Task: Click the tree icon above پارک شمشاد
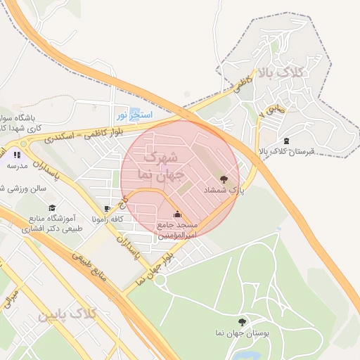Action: (x=224, y=179)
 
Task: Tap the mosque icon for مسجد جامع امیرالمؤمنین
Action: (x=177, y=214)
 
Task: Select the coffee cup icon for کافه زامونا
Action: (x=107, y=209)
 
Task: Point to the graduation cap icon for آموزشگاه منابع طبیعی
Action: (x=52, y=208)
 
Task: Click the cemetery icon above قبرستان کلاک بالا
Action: (x=285, y=141)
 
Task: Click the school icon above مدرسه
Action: (x=16, y=155)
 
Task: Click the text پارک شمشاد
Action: (x=224, y=191)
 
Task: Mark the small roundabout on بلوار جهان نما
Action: (x=160, y=280)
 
